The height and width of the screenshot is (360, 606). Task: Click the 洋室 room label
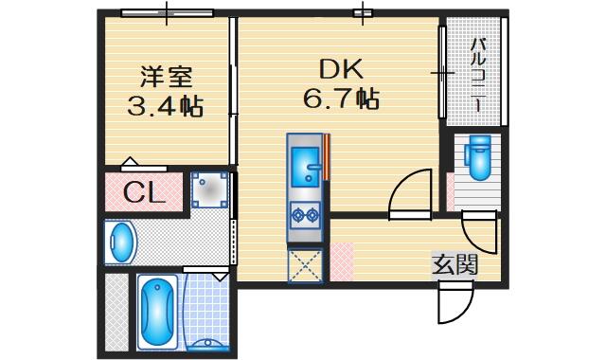167,77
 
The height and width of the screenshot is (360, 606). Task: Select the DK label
341,69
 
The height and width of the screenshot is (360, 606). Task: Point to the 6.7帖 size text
341,99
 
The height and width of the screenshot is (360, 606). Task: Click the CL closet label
144,192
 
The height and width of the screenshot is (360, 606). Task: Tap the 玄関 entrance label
454,265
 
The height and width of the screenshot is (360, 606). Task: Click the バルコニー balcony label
478,74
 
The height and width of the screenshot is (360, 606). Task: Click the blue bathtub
157,312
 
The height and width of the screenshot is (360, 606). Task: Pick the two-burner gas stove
305,215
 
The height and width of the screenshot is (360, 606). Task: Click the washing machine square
210,190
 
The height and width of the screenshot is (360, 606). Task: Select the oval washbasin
121,243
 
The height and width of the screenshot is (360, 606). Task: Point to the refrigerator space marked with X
305,266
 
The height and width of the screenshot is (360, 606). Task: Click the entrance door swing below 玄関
456,302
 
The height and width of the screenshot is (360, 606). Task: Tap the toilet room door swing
479,233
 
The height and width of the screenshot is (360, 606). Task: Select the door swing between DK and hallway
410,194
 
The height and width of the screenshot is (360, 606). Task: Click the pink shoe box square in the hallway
342,261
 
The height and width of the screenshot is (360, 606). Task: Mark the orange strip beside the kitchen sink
327,157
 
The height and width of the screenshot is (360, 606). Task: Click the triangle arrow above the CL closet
130,162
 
